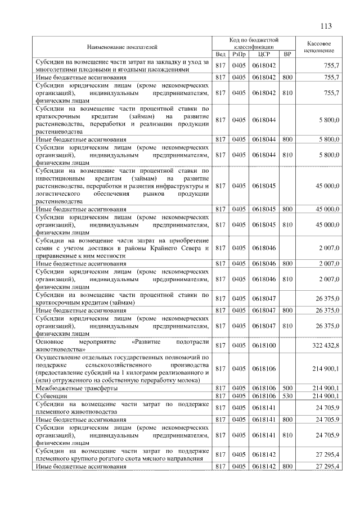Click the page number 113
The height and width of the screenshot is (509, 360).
click(x=325, y=26)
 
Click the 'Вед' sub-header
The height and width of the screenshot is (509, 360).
click(x=221, y=55)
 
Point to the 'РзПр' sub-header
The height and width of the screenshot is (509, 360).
click(x=239, y=55)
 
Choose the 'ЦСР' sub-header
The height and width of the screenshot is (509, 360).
click(x=264, y=55)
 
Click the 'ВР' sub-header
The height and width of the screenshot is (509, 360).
click(x=287, y=55)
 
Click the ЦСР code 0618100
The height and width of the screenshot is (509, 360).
click(x=264, y=345)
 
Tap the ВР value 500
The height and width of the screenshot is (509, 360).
click(x=287, y=388)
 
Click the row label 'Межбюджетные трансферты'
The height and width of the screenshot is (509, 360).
click(x=76, y=388)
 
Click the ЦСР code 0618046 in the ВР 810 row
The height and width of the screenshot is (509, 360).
click(x=264, y=278)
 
